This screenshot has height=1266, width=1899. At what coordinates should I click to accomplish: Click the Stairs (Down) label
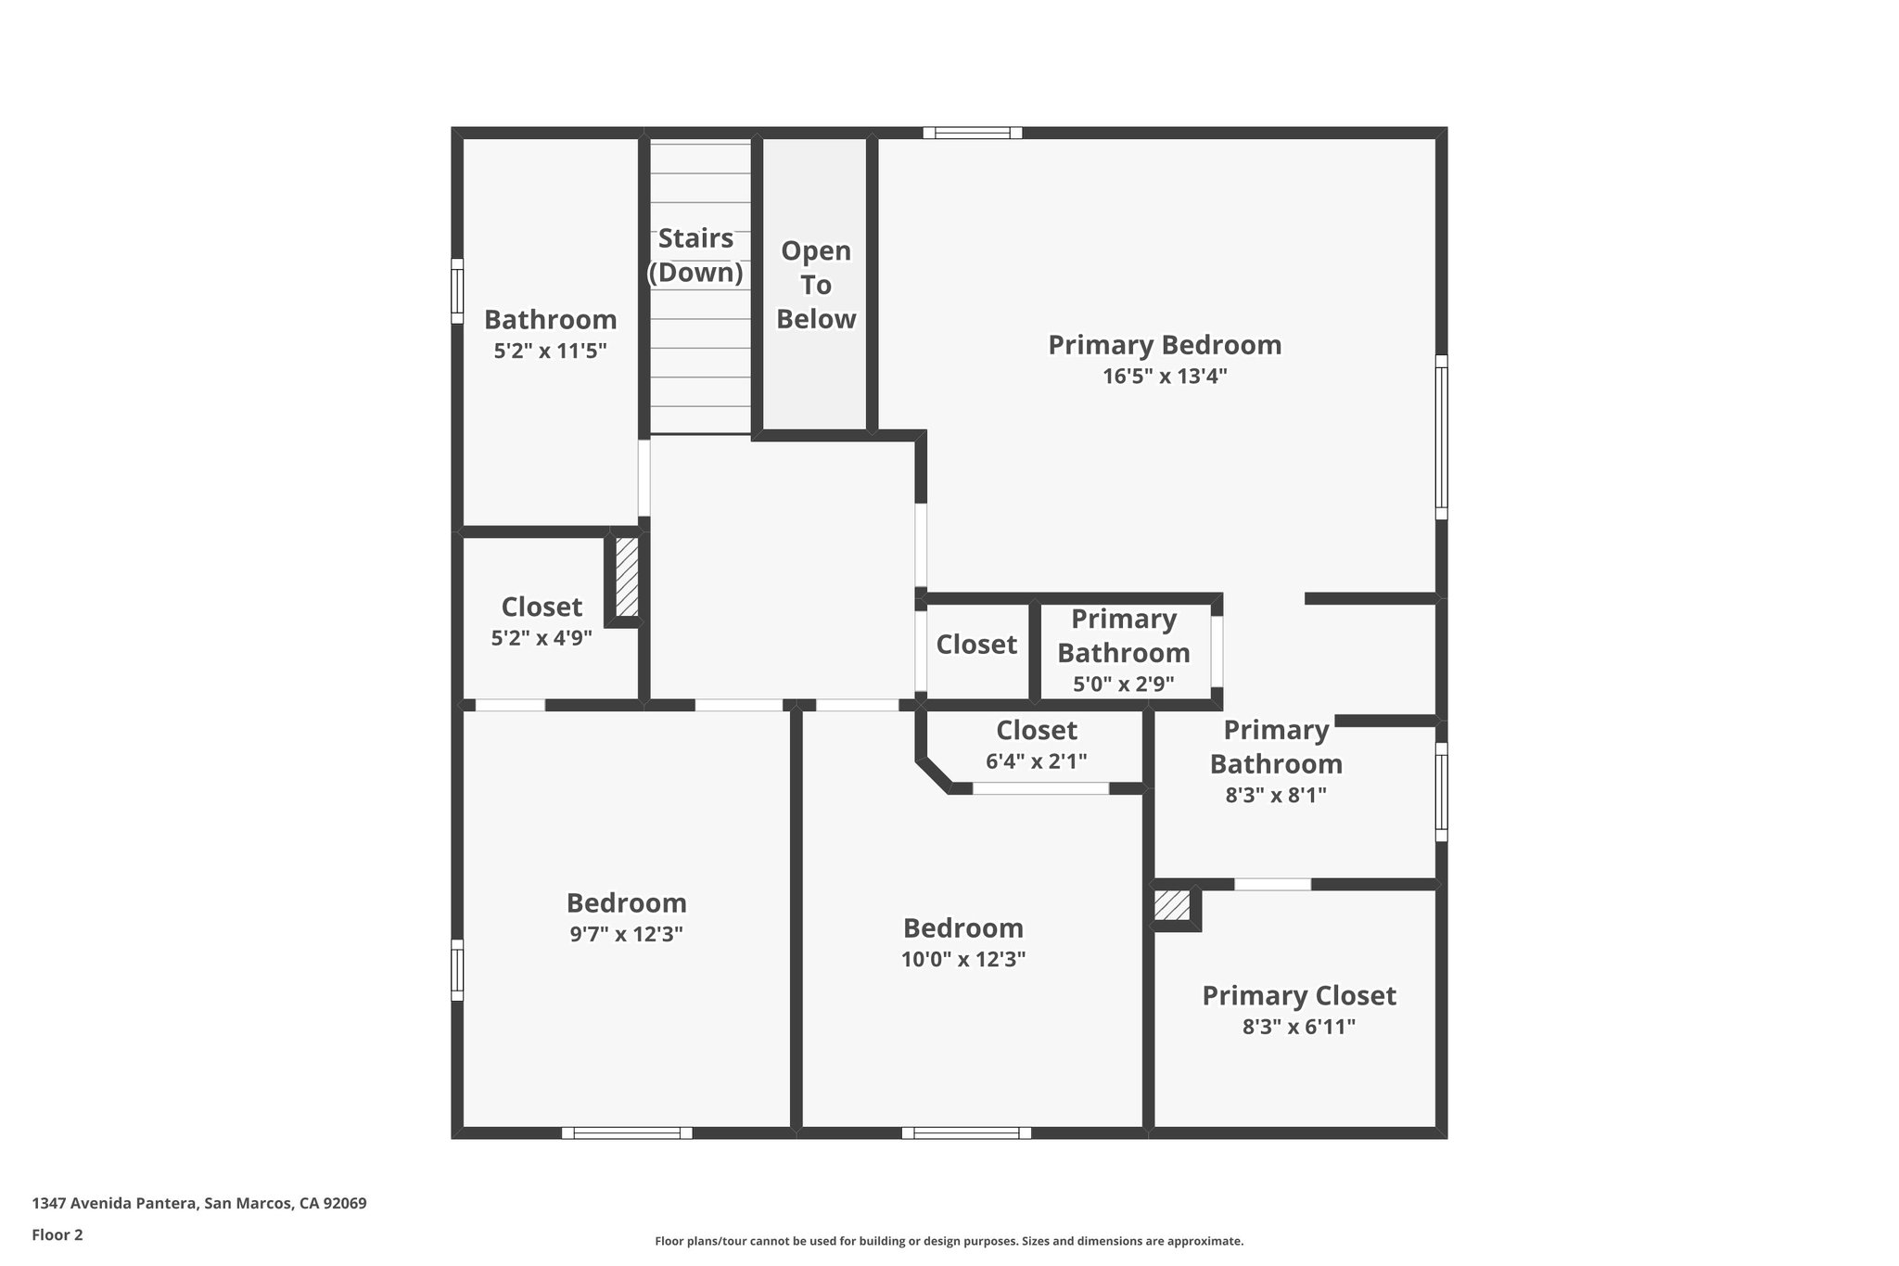695,255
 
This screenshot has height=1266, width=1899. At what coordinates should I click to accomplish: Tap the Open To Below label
816,285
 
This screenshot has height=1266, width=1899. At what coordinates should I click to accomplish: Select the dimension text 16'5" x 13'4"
1165,377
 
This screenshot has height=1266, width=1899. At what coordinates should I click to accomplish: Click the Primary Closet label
1298,996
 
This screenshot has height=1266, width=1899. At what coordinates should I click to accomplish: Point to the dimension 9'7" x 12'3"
626,934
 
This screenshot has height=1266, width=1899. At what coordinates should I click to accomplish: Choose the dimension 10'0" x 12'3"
963,959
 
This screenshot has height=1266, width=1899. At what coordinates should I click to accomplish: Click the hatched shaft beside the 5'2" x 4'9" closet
627,577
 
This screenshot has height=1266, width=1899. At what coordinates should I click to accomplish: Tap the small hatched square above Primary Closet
1172,905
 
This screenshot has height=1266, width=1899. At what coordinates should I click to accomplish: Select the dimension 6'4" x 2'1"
1036,761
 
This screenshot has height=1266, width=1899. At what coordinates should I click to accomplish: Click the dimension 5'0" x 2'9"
1123,684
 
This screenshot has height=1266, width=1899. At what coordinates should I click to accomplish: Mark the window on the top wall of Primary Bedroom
972,133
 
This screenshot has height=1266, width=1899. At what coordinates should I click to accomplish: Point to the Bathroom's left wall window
457,291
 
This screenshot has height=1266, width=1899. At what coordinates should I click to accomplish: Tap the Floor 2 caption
57,1234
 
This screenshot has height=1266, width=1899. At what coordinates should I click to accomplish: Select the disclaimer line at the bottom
949,1241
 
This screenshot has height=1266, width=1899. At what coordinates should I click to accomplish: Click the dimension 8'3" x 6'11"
1298,1027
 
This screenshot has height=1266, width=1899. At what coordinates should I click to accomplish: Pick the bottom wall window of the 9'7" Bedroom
627,1132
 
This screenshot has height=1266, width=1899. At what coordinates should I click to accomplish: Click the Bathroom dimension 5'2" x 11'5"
550,351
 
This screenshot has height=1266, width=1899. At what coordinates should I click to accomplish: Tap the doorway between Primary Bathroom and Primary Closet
1272,884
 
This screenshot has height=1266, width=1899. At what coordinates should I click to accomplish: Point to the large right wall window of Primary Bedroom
1441,437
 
